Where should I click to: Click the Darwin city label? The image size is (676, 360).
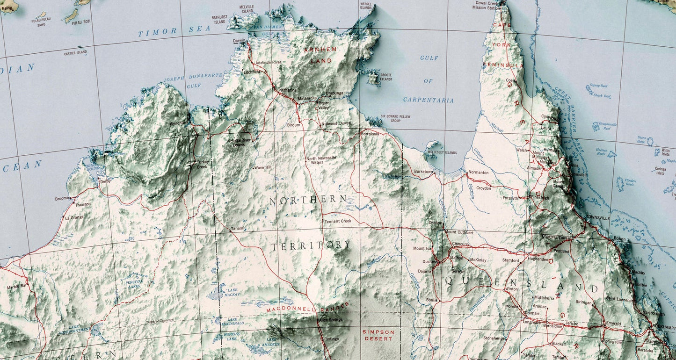(239, 41)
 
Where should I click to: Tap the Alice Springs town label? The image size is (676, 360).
(330, 320)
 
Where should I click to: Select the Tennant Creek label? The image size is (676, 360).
(337, 221)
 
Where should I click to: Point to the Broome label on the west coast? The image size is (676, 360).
(62, 199)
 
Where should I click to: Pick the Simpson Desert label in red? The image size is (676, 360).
(378, 335)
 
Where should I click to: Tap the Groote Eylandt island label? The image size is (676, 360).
(386, 77)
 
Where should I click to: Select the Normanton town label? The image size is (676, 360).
(478, 173)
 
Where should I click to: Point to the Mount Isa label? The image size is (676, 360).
(422, 248)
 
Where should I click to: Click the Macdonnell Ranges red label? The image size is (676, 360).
(308, 308)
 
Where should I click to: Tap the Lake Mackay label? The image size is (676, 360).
(232, 292)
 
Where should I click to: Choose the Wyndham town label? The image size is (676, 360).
(178, 122)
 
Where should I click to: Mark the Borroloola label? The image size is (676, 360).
(370, 134)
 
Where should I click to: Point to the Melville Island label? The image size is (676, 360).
(246, 9)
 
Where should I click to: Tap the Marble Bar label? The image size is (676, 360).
(17, 286)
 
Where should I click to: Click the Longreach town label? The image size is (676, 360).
(532, 322)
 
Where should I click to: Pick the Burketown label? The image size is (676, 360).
(423, 172)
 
